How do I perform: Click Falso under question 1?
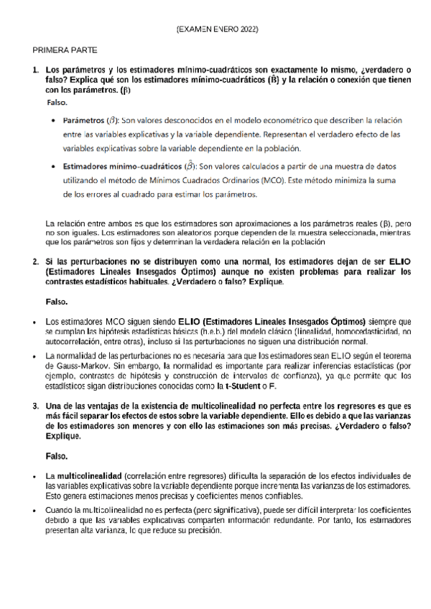[x=57, y=103]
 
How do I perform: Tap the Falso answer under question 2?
[x=57, y=301]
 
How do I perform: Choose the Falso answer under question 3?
[x=57, y=456]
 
